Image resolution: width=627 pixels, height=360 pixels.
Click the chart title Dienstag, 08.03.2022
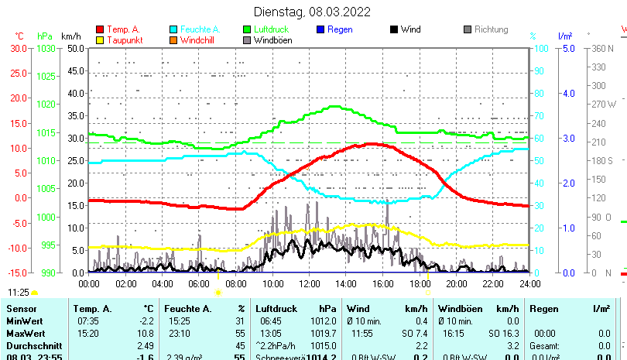coord(313,12)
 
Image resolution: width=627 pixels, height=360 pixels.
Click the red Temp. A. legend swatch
coord(100,30)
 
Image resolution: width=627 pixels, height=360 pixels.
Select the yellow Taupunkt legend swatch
coord(100,40)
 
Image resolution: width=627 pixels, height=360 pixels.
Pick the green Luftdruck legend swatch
coord(247,30)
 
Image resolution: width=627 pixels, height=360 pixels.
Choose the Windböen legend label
coord(273,40)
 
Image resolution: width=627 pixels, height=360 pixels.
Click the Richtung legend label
coord(491,29)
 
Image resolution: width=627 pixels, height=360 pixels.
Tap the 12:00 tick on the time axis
coord(309,284)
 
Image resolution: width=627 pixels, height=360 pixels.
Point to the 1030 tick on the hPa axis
coord(46,48)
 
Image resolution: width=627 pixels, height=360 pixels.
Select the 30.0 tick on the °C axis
coord(19,48)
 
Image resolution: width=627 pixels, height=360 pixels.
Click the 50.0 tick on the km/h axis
coord(75,48)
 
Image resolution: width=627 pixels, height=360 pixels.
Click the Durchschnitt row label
coord(33,345)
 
